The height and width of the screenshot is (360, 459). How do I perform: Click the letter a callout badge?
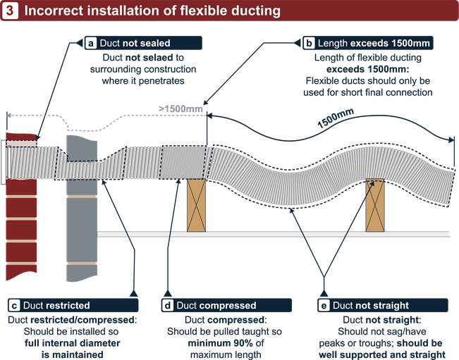click(x=91, y=43)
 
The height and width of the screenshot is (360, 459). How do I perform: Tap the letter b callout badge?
click(x=309, y=43)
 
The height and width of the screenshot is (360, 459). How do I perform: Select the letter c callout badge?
click(x=14, y=306)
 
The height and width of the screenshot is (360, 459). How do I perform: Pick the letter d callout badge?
click(x=167, y=306)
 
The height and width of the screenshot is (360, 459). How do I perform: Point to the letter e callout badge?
click(x=324, y=306)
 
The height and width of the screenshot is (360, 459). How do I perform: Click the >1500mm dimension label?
click(x=180, y=109)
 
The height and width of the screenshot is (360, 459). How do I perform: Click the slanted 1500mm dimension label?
click(x=335, y=120)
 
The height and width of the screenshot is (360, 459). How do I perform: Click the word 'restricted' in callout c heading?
click(x=68, y=306)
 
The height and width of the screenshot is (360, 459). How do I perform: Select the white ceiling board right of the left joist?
click(x=282, y=233)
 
